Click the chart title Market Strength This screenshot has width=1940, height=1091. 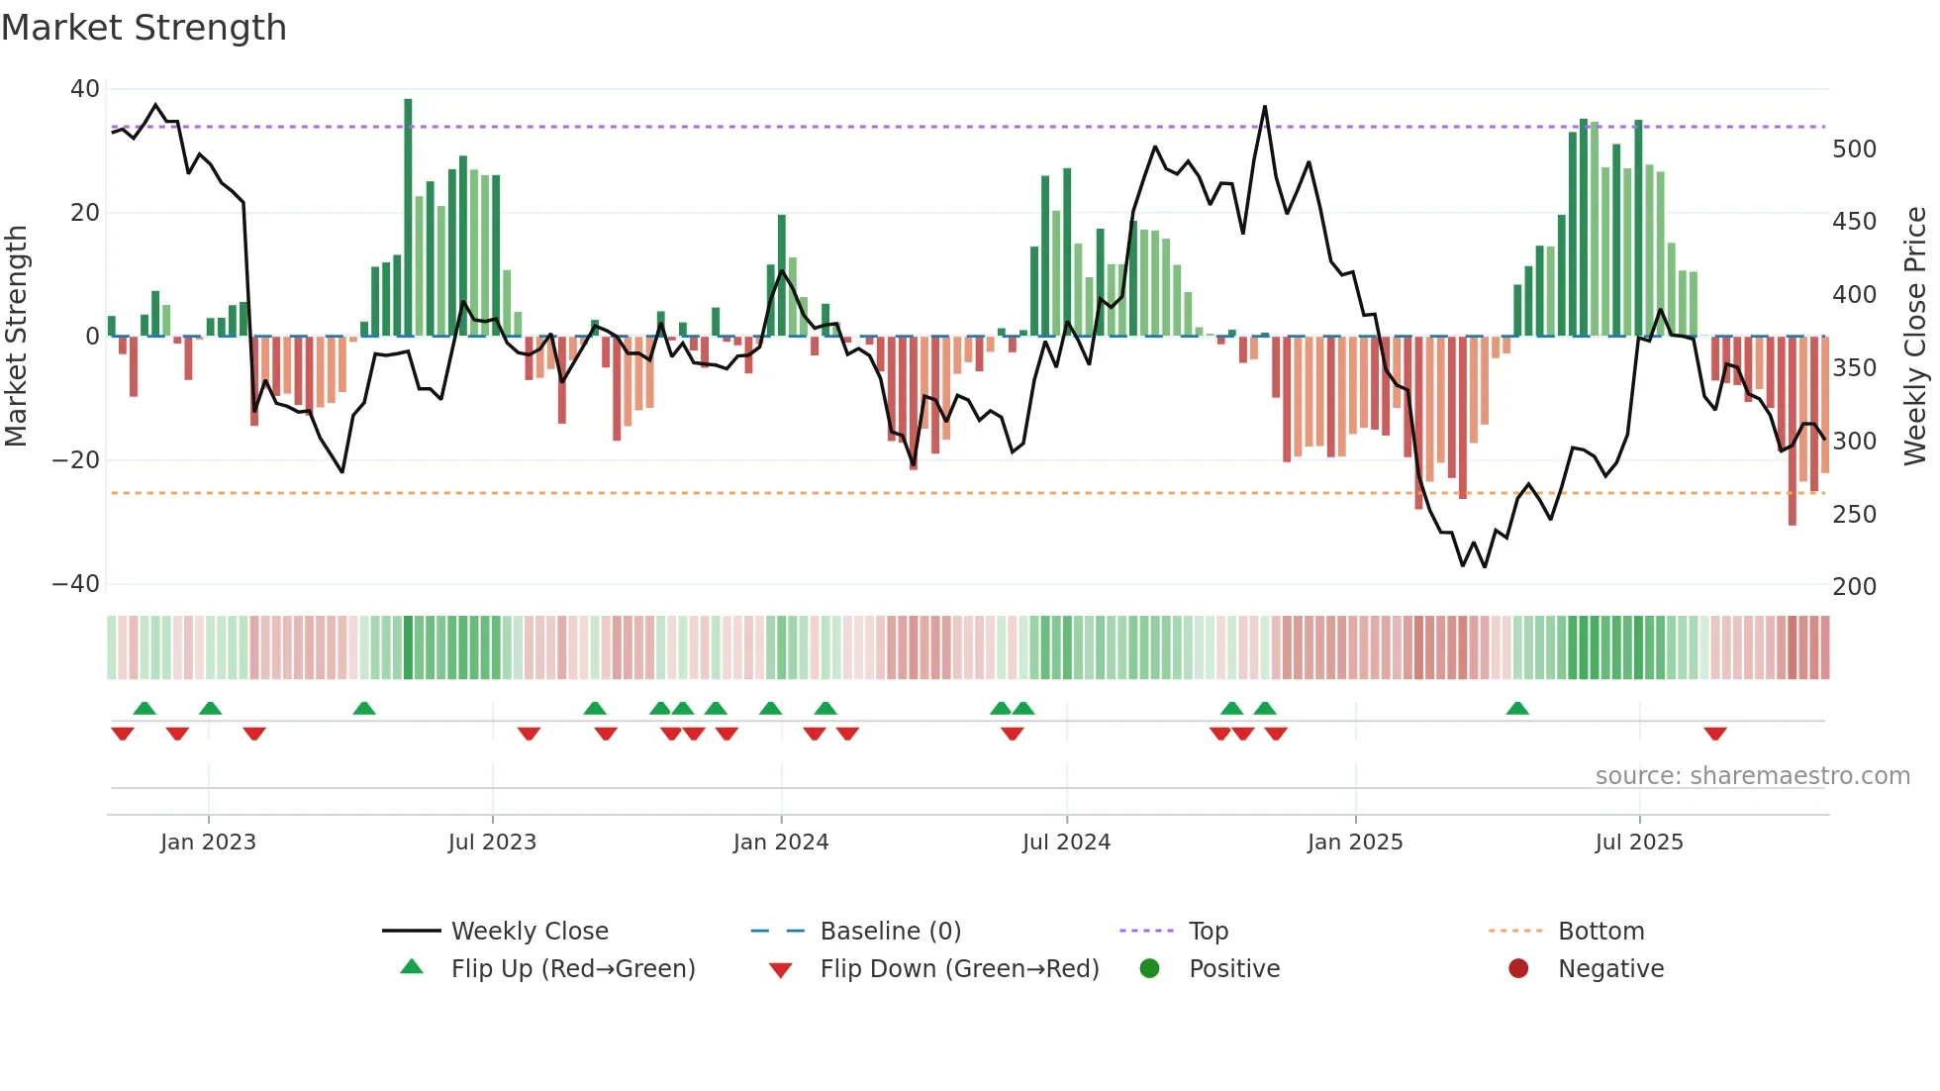click(144, 28)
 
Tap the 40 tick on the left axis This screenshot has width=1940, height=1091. click(84, 89)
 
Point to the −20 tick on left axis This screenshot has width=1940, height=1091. click(76, 460)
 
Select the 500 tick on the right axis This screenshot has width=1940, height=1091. click(1854, 149)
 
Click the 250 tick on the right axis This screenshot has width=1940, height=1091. click(1854, 515)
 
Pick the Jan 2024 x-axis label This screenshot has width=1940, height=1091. click(780, 843)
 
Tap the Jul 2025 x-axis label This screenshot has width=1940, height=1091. click(1638, 843)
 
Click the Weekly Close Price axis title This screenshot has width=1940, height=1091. click(1915, 337)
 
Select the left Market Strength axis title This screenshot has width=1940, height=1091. click(17, 337)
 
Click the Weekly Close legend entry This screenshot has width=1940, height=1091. click(530, 932)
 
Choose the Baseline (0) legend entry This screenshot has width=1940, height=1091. click(890, 932)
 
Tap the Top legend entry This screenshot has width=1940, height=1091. click(1208, 932)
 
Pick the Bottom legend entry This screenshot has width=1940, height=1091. click(1600, 932)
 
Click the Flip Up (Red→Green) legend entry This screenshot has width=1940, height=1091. click(572, 969)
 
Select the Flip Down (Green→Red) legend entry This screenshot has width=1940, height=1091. click(958, 969)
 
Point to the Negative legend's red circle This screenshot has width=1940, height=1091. click(1517, 969)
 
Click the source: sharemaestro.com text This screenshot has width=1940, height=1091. click(1752, 776)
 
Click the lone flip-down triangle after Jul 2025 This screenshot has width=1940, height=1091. click(1714, 734)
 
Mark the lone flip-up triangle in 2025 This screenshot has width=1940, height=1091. click(1516, 708)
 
